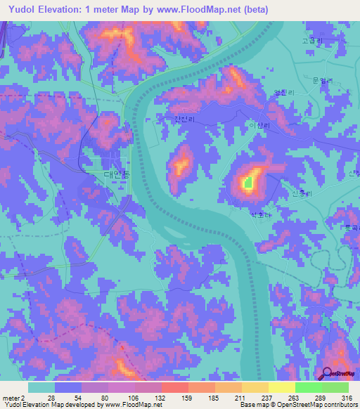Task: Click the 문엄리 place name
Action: (x=319, y=81)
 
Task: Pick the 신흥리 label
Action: (x=300, y=194)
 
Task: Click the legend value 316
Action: (x=345, y=398)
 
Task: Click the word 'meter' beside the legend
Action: (x=10, y=398)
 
